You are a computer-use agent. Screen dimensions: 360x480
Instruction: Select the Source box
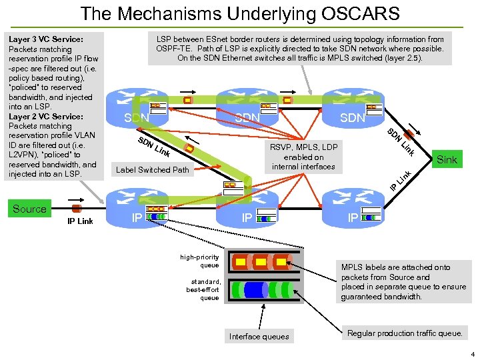[x=30, y=209]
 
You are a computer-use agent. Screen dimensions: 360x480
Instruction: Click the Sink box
[x=447, y=159]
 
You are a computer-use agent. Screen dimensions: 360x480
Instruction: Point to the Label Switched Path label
[x=153, y=169]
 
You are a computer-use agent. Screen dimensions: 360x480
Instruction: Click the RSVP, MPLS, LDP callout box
[x=303, y=157]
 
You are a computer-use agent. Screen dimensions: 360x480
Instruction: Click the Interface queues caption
[x=259, y=336]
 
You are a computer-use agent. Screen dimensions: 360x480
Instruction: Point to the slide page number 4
[x=471, y=354]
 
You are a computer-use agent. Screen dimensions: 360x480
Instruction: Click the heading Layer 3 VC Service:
[x=45, y=39]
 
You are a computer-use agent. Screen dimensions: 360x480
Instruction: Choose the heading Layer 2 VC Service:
[x=45, y=116]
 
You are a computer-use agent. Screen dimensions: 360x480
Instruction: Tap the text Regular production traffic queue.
[x=405, y=333]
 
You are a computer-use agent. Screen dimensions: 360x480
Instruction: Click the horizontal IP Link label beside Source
[x=80, y=221]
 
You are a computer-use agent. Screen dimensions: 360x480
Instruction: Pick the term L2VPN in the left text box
[x=25, y=155]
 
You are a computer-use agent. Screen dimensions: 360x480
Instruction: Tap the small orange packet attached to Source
[x=76, y=208]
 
